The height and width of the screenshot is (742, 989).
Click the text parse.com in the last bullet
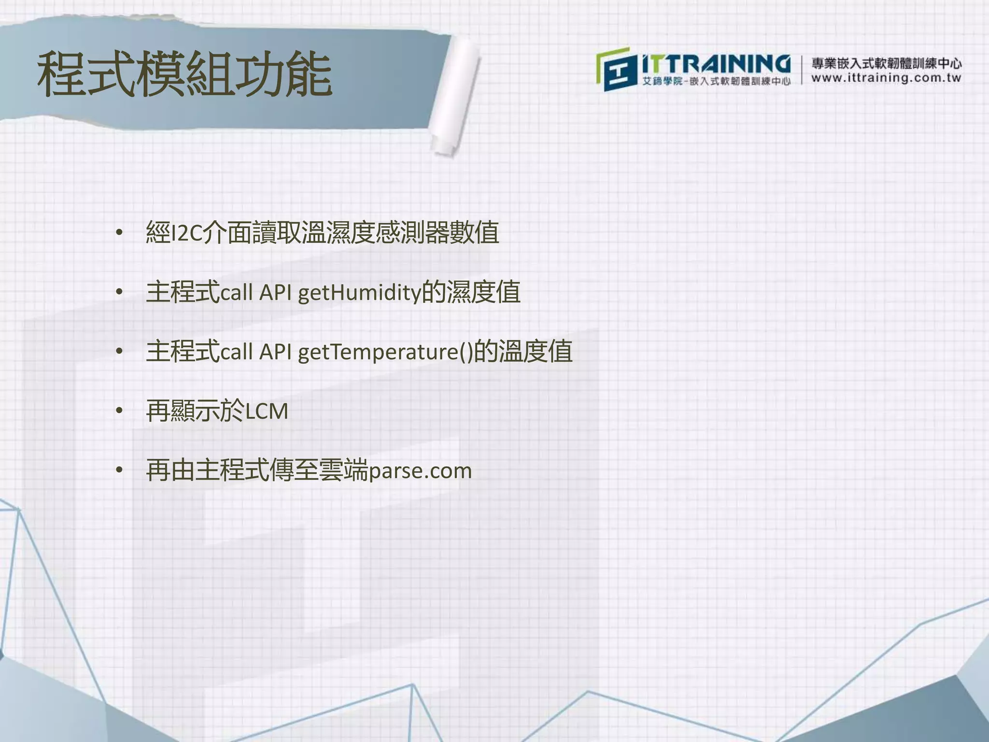point(420,471)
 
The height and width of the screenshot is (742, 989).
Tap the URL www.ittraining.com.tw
point(886,78)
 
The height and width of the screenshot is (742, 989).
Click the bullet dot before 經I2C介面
point(119,234)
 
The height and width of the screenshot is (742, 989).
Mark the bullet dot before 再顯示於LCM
point(119,412)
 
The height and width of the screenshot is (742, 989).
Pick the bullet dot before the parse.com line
point(119,471)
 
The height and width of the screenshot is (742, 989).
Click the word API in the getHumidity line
point(275,293)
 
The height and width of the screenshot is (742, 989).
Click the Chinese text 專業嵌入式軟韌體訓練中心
point(886,63)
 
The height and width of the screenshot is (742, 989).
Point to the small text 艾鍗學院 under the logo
point(662,81)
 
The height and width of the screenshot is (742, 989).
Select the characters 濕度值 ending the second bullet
point(483,293)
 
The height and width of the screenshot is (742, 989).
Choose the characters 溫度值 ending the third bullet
point(535,352)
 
